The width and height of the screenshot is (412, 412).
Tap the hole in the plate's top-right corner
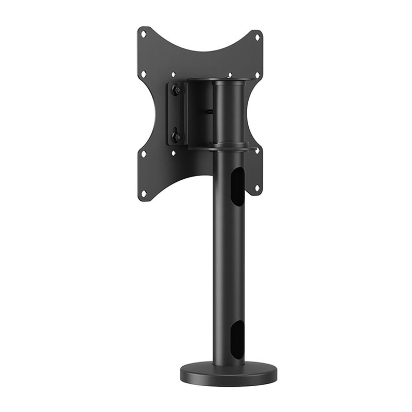coord(257,36)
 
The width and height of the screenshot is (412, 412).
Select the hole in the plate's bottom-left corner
coord(144,193)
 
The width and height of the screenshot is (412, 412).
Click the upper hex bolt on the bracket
coord(177,90)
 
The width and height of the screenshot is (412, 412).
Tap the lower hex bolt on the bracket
coord(176,136)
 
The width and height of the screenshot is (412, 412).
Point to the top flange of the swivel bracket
coord(219,81)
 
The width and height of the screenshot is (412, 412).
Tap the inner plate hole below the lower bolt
coord(174,153)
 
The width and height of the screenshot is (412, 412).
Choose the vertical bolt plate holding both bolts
coord(175,113)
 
